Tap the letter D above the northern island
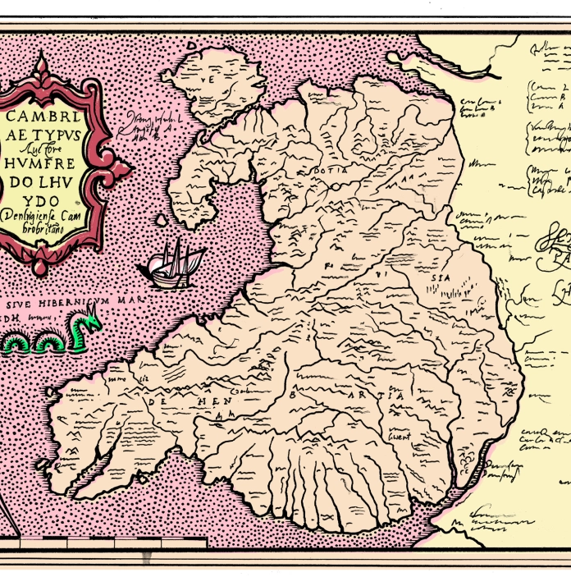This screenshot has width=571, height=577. [190, 48]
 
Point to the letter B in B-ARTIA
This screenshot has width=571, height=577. [294, 394]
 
